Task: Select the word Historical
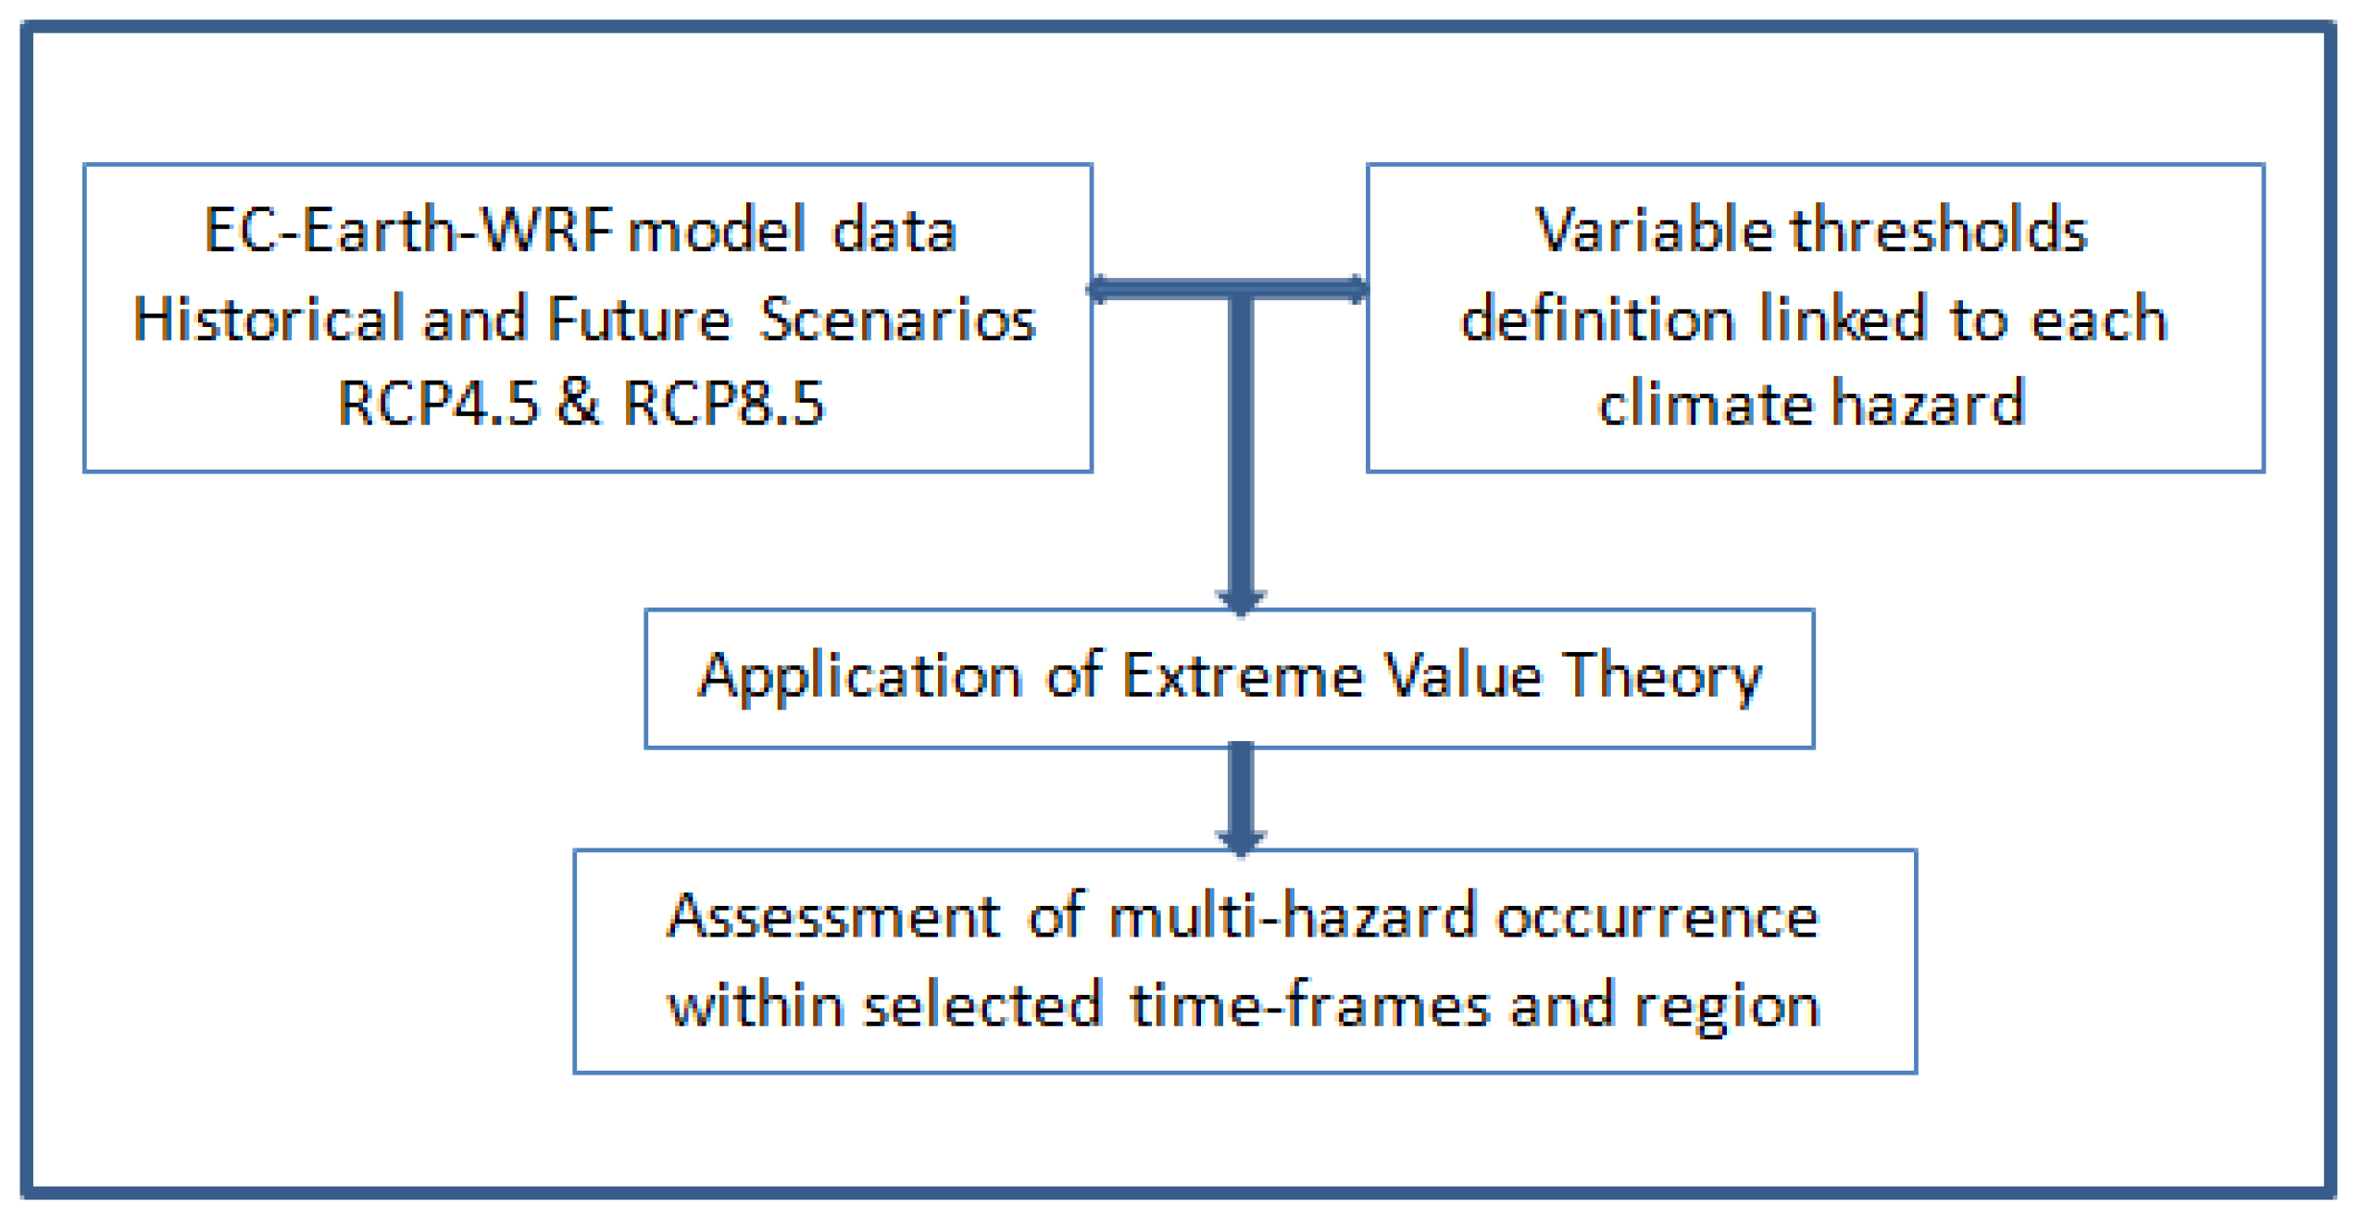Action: point(269,319)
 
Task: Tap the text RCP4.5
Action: point(437,403)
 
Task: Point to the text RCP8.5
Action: point(723,403)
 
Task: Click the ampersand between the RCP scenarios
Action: point(580,403)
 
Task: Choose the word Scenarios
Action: point(897,319)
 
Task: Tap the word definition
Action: point(1598,319)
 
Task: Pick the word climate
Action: point(1705,404)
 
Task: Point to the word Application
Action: point(860,677)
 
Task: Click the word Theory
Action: point(1663,677)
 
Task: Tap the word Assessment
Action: point(833,917)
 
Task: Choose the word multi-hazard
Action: point(1293,917)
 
